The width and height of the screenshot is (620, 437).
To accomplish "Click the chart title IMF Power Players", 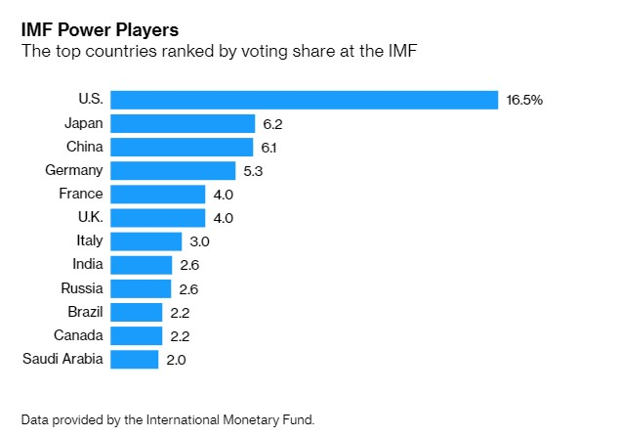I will pos(100,29).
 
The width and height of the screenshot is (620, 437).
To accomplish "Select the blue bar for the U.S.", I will pos(305,99).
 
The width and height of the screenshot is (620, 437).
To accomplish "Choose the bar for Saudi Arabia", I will pos(134,359).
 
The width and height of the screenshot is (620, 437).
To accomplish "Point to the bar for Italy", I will pos(146,240).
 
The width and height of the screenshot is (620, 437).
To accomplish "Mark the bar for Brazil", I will pos(137,312).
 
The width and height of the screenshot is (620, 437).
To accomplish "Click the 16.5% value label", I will pos(524,100).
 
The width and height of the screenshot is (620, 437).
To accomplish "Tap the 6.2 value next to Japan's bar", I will pos(272,123).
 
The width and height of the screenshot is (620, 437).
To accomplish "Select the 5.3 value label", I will pos(254,170).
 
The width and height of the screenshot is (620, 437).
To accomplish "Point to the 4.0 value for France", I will pos(224,194).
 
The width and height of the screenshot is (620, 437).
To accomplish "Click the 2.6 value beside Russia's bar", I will pos(189,288).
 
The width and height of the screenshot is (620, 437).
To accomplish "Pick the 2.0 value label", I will pos(176,359).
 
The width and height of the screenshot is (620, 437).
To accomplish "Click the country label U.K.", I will pos(88,217).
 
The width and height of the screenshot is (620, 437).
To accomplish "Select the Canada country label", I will pos(79,335).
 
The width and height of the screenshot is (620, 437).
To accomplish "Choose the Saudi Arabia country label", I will pos(62,359).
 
